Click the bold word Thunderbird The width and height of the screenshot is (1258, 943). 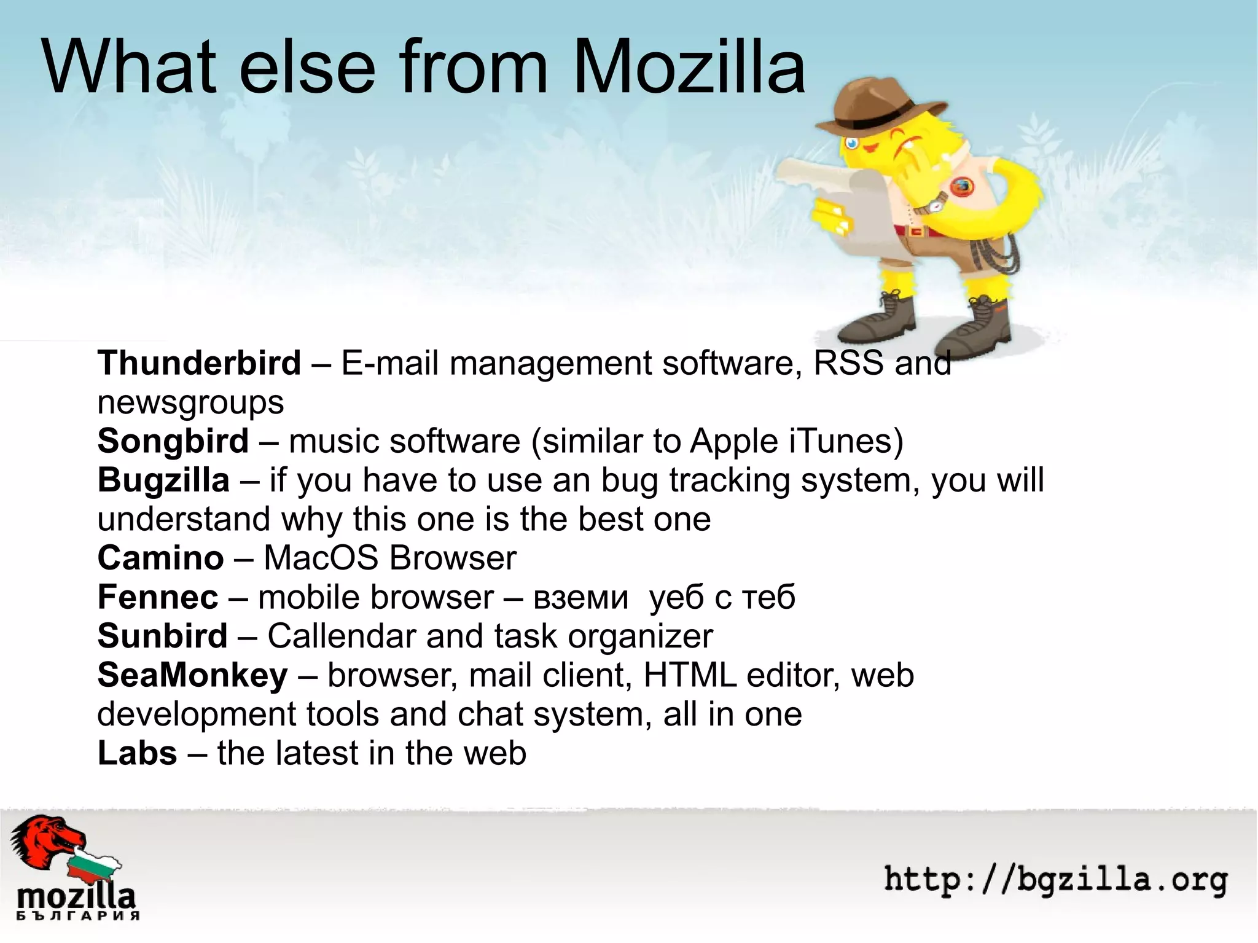tap(199, 362)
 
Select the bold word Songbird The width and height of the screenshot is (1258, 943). tap(173, 441)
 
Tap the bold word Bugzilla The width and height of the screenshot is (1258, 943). tap(163, 480)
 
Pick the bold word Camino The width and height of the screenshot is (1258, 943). tap(160, 558)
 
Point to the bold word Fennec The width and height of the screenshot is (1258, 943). tap(158, 597)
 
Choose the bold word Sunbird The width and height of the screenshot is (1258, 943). tap(163, 636)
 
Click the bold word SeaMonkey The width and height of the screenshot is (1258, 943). tap(192, 675)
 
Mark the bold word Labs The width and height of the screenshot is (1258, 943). tap(138, 753)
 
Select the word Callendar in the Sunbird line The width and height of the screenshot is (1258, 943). tap(342, 636)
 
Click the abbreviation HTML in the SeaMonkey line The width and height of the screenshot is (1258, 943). tap(690, 675)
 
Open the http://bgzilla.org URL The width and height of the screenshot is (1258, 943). tap(1055, 879)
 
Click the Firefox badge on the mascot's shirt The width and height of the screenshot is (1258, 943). tap(963, 186)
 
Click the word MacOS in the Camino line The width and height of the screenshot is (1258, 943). tap(321, 558)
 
